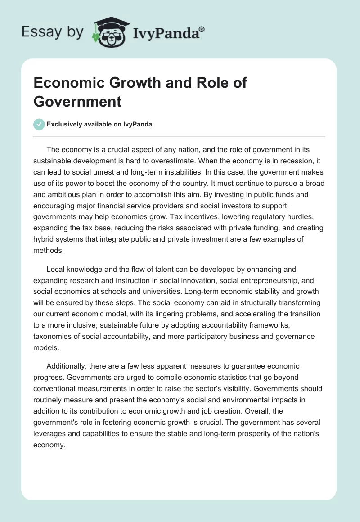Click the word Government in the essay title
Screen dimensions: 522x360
77,101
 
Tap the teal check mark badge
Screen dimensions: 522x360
39,124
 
